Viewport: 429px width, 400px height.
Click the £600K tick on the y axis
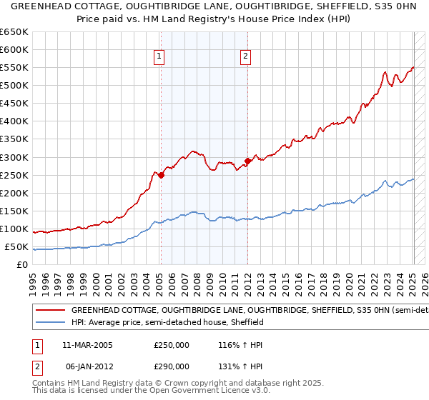tap(14, 49)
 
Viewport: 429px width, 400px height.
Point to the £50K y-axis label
tap(16, 246)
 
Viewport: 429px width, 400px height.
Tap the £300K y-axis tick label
tap(14, 157)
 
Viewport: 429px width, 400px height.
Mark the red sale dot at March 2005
tap(161, 174)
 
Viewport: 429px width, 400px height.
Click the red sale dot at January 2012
tap(247, 160)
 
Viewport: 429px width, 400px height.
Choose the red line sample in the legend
tap(50, 311)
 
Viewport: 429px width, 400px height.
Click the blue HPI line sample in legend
tap(50, 322)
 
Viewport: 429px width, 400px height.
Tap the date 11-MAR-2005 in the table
tap(87, 345)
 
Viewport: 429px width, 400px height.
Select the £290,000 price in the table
tap(171, 366)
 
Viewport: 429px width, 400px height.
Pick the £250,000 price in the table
tap(171, 345)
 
